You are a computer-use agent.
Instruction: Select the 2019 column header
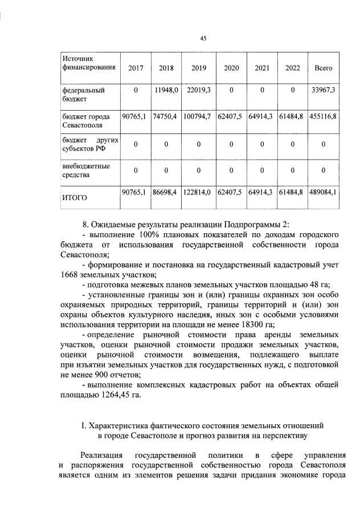pos(199,68)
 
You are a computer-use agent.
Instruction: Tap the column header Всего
pos(323,68)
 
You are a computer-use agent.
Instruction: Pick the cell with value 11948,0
pos(166,90)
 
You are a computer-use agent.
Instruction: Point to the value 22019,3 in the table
pos(199,90)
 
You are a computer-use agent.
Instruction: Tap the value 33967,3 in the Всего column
pos(323,90)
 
